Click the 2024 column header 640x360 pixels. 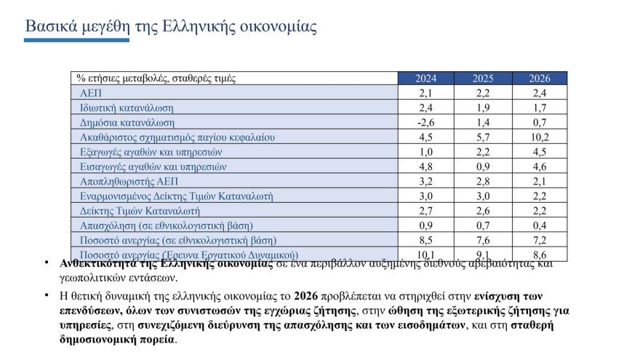click(426, 79)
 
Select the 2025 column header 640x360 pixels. click(483, 79)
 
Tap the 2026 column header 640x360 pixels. click(539, 79)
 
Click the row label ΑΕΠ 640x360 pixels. click(91, 93)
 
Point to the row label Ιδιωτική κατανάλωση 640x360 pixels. click(127, 108)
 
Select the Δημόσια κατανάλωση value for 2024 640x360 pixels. click(426, 123)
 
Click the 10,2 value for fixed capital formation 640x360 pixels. click(539, 137)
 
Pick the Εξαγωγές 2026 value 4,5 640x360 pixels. click(539, 152)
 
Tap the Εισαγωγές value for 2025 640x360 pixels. click(483, 167)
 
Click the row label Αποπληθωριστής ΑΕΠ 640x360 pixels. click(129, 181)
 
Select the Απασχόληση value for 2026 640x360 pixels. click(539, 225)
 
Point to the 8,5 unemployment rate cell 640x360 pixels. click(426, 240)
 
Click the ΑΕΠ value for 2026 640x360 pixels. click(539, 93)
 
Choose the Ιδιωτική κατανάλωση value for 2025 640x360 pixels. click(483, 108)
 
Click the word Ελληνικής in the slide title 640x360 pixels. click(185, 27)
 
